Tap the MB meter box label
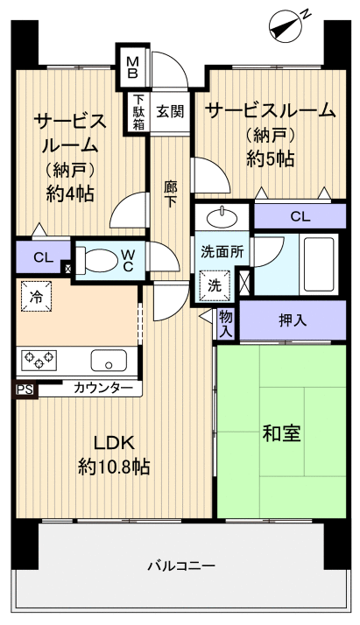point(133,66)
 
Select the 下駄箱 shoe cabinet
point(139,112)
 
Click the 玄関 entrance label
point(170,111)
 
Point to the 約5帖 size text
point(270,158)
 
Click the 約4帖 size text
point(70,193)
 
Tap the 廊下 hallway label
point(171,193)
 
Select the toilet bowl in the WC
point(98,260)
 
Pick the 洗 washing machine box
point(215,284)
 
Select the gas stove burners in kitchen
point(39,358)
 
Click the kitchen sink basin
point(109,359)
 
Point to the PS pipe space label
point(23,390)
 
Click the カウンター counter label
point(102,388)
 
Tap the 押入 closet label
point(293,320)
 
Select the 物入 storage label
point(226,324)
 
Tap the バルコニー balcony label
point(180,566)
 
